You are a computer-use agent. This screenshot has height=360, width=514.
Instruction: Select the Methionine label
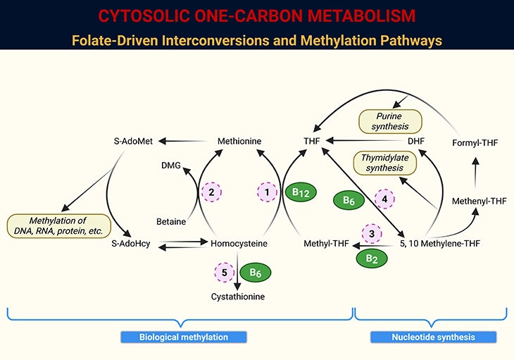[x=239, y=141]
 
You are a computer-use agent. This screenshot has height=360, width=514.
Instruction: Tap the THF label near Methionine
[x=312, y=141]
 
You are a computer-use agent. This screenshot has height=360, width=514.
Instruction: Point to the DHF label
[x=416, y=141]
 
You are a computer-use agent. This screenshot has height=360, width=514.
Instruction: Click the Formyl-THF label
[x=476, y=144]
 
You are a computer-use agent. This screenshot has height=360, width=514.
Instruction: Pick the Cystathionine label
[x=238, y=297]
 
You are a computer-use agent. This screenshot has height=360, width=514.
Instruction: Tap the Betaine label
[x=171, y=222]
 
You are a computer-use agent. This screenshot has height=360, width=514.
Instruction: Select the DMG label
[x=171, y=166]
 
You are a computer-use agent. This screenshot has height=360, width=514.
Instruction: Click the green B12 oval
[x=302, y=192]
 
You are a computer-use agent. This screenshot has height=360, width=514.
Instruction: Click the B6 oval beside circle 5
[x=256, y=272]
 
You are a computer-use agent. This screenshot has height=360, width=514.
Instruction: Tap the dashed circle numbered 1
[x=267, y=192]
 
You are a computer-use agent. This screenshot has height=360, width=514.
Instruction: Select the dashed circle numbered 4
[x=384, y=200]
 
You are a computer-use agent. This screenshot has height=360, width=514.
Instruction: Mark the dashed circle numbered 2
[x=211, y=192]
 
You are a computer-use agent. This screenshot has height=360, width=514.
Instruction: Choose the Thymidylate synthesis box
[x=384, y=163]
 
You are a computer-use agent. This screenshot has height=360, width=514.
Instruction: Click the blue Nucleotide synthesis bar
[x=433, y=337]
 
